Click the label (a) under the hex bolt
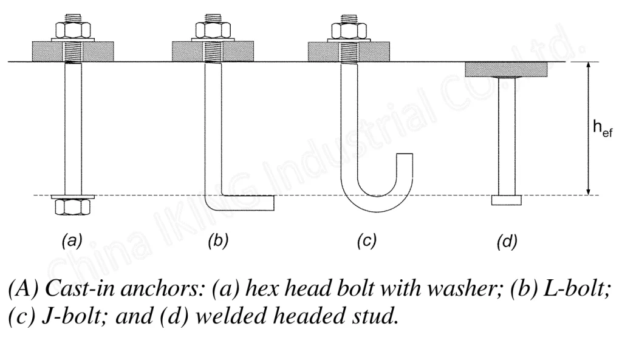coord(73,241)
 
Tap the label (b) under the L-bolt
coord(217,241)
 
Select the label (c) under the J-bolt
coord(366,241)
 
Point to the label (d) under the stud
coord(507,241)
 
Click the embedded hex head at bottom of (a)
coord(73,207)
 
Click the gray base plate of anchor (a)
coord(43,52)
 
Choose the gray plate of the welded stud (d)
coord(507,69)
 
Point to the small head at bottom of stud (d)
coord(507,200)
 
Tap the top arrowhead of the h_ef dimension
coord(587,66)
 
